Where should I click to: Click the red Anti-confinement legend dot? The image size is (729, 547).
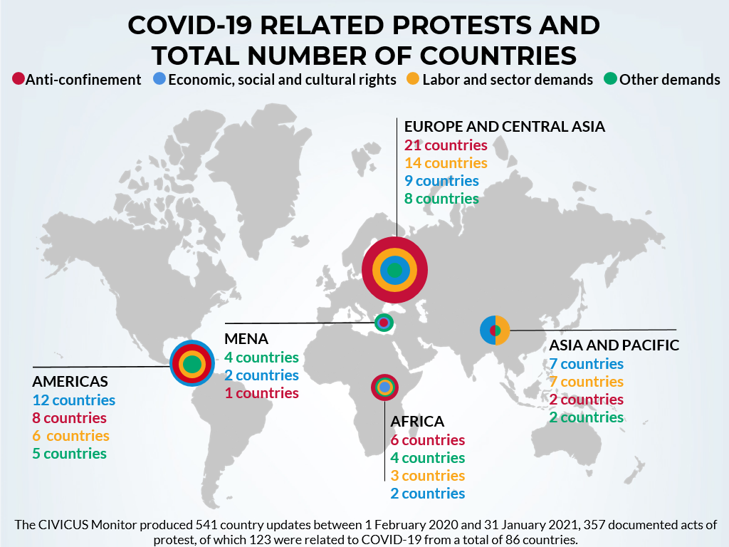(19, 79)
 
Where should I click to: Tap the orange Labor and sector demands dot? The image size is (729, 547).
(413, 79)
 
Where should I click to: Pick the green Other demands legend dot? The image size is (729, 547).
(610, 79)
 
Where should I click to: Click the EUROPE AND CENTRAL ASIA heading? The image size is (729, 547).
(504, 127)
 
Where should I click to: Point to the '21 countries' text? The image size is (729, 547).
(446, 145)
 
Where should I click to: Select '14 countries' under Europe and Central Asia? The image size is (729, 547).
(446, 163)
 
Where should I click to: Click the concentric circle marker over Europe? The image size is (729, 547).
(394, 269)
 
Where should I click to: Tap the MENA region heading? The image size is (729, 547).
(246, 338)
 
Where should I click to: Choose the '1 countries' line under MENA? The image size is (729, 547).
(261, 393)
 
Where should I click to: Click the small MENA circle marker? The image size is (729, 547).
(384, 323)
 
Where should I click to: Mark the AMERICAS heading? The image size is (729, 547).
(70, 381)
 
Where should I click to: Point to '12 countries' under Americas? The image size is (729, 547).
(73, 400)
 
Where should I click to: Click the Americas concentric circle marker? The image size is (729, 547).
(192, 364)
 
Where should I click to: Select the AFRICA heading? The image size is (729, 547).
(417, 422)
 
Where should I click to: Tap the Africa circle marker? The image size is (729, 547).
(384, 387)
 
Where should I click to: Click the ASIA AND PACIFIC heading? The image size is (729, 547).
(614, 345)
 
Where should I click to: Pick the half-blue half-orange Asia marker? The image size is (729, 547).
(495, 330)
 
